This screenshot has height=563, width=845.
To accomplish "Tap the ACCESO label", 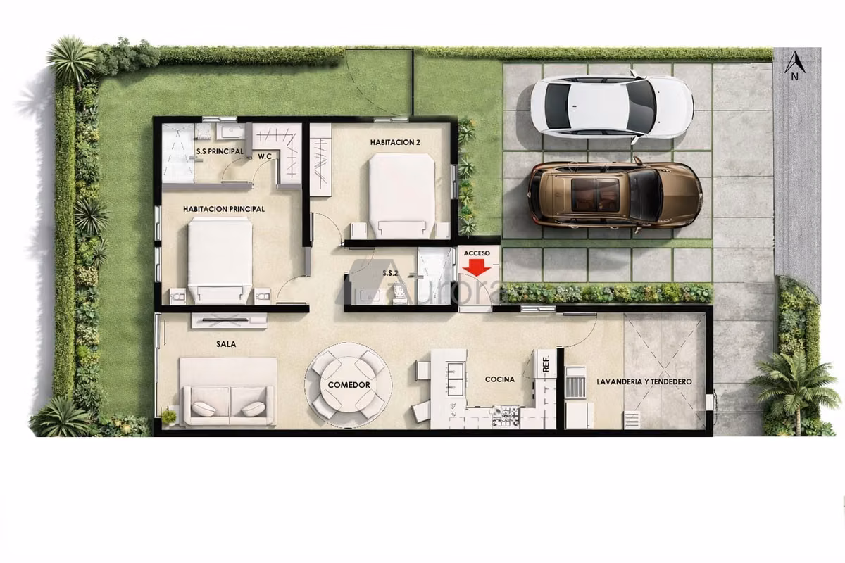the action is click(x=477, y=253).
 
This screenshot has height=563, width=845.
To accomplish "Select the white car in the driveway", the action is click(x=611, y=107).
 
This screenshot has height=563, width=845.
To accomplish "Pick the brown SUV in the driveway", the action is click(x=615, y=196).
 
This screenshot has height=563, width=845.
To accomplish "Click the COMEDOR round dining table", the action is click(x=349, y=385).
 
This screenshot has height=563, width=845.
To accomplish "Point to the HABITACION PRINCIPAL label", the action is click(x=224, y=209).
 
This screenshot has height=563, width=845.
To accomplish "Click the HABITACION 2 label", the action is click(x=395, y=142).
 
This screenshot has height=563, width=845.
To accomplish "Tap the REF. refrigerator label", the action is click(x=546, y=365).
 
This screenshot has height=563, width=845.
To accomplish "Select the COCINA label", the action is click(x=500, y=379).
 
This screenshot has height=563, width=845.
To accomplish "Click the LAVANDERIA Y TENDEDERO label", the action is click(x=644, y=381).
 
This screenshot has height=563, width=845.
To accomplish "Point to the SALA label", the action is click(x=226, y=344).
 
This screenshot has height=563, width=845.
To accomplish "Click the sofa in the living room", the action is click(x=228, y=392).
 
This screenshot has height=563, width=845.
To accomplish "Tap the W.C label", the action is click(x=265, y=156).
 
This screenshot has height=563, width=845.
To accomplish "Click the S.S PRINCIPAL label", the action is click(x=220, y=151).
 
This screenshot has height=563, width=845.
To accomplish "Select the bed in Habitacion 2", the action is click(x=402, y=196).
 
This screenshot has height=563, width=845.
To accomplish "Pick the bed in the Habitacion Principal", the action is click(x=220, y=260).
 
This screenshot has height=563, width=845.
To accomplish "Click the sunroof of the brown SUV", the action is click(x=595, y=195).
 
